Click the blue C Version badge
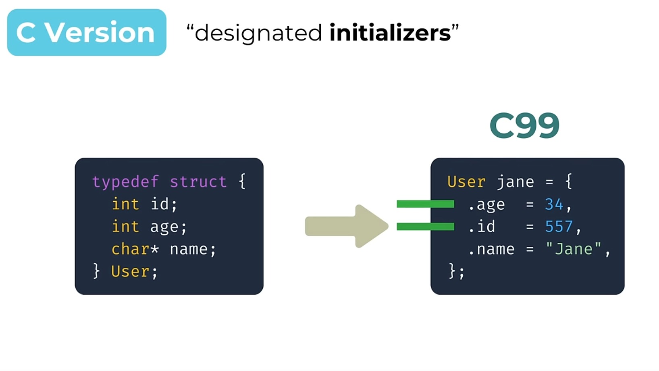tap(87, 32)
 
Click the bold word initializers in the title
tap(390, 33)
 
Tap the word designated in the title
tap(258, 33)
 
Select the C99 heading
tap(524, 125)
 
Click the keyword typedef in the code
tap(125, 182)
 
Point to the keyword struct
tap(198, 182)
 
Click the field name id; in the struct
tap(164, 204)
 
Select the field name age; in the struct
tap(168, 227)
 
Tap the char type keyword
tap(130, 249)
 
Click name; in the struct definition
tap(193, 249)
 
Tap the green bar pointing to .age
tap(425, 204)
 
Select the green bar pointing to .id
tap(425, 227)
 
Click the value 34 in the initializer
tap(554, 204)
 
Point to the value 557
tap(559, 227)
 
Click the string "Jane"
tap(573, 249)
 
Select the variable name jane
tap(515, 182)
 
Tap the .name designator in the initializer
tap(491, 249)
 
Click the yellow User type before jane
tap(466, 182)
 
